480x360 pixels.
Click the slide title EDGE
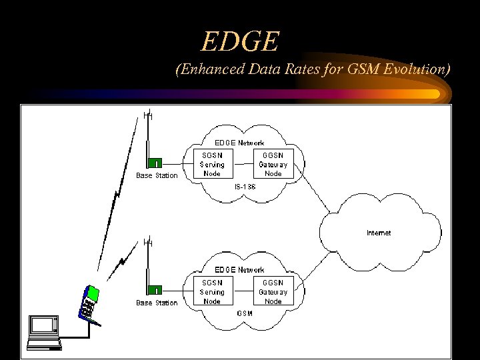(x=239, y=42)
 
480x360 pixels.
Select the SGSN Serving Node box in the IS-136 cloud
(x=213, y=164)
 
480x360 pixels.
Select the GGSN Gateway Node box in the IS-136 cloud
(x=273, y=164)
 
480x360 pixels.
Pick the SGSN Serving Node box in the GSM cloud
(x=213, y=292)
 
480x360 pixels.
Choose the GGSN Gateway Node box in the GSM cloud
(x=273, y=292)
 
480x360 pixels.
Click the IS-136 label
(x=245, y=187)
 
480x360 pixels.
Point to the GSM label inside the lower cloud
(x=244, y=313)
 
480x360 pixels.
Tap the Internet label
(x=379, y=233)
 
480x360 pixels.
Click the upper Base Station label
(x=157, y=176)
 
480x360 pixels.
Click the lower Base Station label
(x=157, y=303)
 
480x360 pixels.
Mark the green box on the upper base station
(x=155, y=163)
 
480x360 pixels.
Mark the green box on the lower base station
(x=155, y=290)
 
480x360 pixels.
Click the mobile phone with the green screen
(x=90, y=303)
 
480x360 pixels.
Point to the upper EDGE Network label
(x=239, y=143)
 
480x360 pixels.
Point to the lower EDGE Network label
(x=239, y=270)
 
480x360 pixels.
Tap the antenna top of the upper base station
(x=148, y=115)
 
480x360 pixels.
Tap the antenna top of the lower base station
(x=148, y=242)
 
